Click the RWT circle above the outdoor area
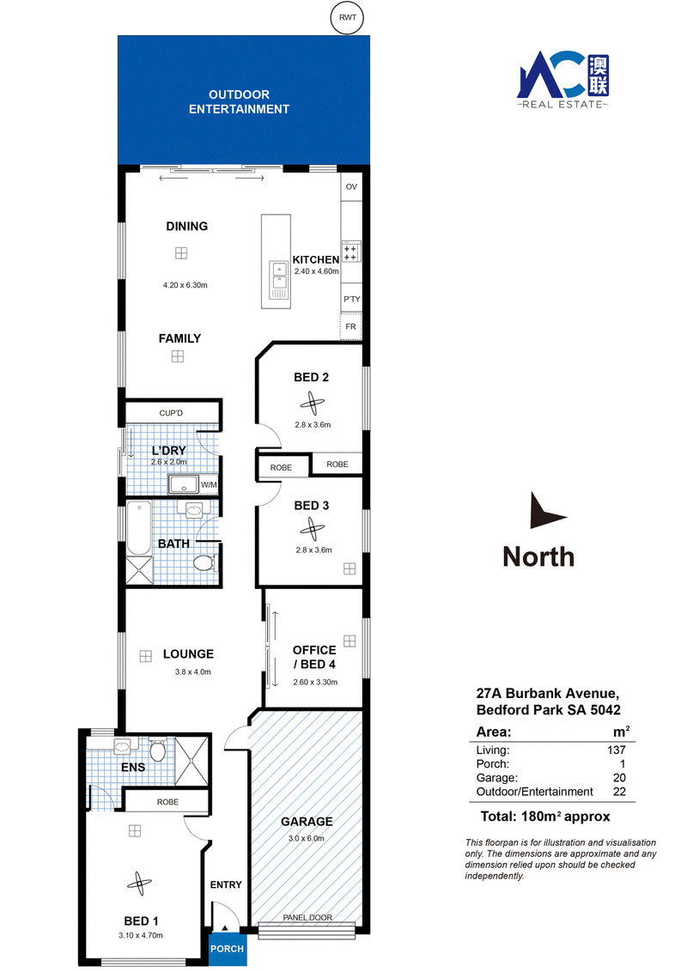[347, 17]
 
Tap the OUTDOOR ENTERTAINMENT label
[239, 101]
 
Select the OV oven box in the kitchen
[351, 186]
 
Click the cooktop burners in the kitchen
[350, 253]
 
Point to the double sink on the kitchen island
[279, 276]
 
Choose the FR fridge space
[350, 326]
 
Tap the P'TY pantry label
[351, 299]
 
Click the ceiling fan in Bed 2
[312, 404]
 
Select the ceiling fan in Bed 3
[312, 530]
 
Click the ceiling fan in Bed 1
[139, 884]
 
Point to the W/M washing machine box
[209, 485]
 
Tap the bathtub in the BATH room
[139, 527]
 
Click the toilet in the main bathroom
[204, 563]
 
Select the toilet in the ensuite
[157, 749]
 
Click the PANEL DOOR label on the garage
[307, 917]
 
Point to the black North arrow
[545, 512]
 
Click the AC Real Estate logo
[563, 79]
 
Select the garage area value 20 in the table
[619, 778]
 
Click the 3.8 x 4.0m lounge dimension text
[193, 672]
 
